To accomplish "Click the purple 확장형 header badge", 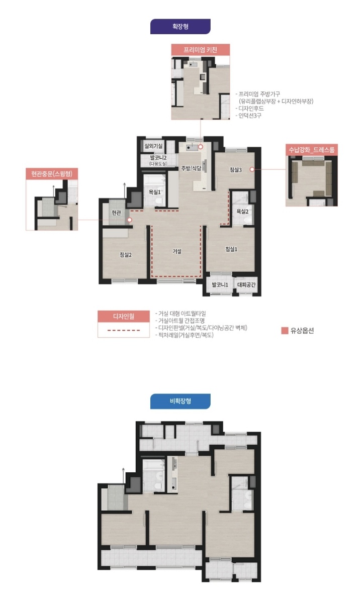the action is [181, 26].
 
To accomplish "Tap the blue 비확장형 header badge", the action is [181, 401].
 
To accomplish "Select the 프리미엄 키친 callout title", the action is [200, 50].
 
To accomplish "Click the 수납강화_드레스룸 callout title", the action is [311, 150].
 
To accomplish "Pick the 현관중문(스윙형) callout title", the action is [52, 173].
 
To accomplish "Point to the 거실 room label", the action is [177, 251].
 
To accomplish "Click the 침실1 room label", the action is [231, 249].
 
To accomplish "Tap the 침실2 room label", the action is [126, 254].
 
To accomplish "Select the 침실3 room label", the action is [236, 170].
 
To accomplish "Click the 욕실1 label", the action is [154, 192].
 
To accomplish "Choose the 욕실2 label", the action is [242, 212].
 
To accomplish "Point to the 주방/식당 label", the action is [191, 168].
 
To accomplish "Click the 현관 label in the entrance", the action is [116, 213].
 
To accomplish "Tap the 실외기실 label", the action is [153, 146].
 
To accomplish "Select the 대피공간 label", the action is [246, 284].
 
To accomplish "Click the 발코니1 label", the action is [220, 284].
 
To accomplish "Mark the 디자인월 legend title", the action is [124, 316].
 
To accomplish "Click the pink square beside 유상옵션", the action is [285, 331].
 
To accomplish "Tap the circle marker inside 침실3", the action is [252, 169].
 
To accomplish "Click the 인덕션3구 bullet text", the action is [248, 116].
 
